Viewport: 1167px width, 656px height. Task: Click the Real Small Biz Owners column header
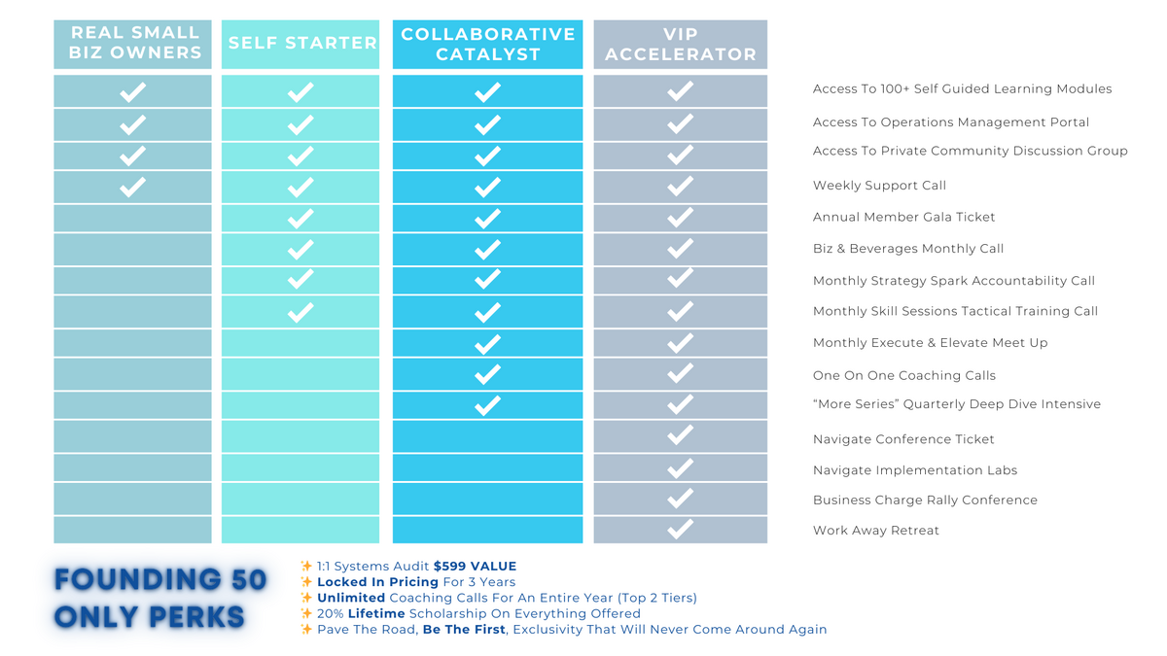click(x=133, y=44)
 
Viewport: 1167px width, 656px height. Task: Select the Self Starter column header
click(x=301, y=44)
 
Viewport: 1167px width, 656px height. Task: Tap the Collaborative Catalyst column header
click(x=488, y=44)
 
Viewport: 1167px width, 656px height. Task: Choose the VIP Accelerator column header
click(x=681, y=44)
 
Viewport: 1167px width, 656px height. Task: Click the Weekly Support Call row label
click(x=879, y=186)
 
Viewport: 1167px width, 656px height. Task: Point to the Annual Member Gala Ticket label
click(x=903, y=217)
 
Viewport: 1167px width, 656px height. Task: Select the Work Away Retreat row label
click(x=875, y=531)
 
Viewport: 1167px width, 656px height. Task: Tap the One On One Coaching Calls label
click(x=903, y=375)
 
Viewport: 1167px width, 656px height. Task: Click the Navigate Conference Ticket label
click(x=903, y=439)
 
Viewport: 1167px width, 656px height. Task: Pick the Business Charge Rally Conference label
click(x=925, y=501)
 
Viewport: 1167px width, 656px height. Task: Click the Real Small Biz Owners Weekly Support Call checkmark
click(x=132, y=187)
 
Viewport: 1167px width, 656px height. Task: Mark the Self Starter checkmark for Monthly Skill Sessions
click(x=301, y=312)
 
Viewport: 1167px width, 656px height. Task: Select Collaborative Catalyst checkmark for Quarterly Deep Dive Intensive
click(x=487, y=404)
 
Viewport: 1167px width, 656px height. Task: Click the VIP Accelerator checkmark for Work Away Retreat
click(x=681, y=530)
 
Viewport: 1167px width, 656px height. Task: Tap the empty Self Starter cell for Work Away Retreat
click(x=301, y=530)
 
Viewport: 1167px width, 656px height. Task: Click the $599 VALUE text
click(x=475, y=566)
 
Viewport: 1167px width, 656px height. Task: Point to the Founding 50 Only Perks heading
click(x=159, y=598)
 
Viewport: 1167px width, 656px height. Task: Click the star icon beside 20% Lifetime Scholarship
click(x=306, y=613)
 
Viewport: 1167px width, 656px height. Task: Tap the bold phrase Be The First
click(x=465, y=630)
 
